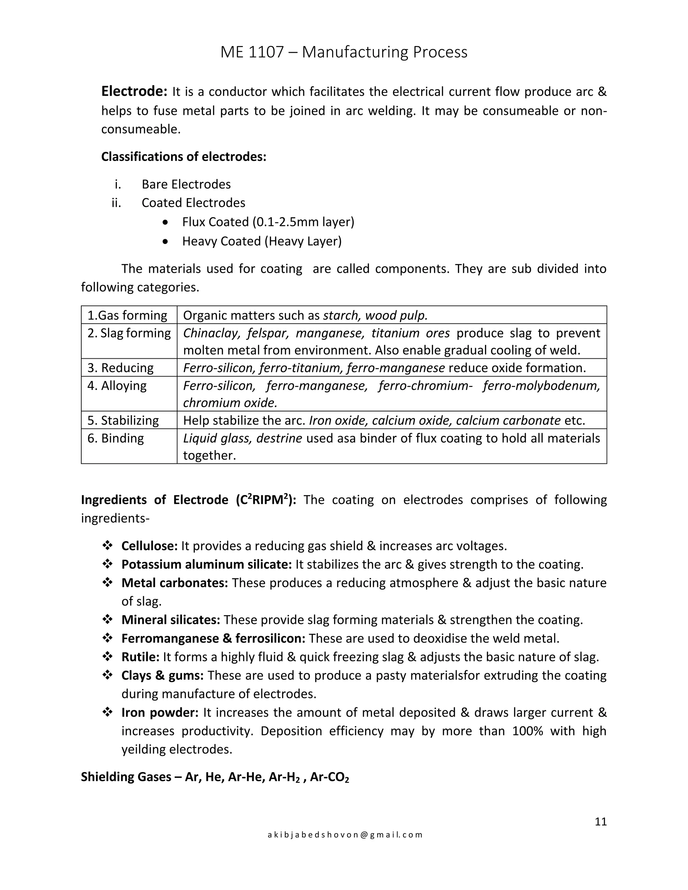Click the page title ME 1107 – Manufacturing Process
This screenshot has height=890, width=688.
tap(344, 52)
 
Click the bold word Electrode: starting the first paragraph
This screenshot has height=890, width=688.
tap(134, 91)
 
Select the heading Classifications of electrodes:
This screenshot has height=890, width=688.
tap(183, 157)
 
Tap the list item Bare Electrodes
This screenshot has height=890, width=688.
tap(186, 184)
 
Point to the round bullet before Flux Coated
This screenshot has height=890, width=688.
tap(165, 222)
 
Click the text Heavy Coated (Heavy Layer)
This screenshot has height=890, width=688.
tap(262, 241)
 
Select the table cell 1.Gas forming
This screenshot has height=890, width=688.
tap(127, 315)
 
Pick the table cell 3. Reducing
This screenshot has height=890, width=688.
tap(120, 367)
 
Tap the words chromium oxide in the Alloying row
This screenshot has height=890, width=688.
tap(230, 403)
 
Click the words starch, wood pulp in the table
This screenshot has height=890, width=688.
tap(375, 315)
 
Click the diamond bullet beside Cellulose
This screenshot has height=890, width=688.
tap(107, 545)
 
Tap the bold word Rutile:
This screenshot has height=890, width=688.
tap(140, 657)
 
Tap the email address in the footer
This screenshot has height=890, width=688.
tap(344, 835)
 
